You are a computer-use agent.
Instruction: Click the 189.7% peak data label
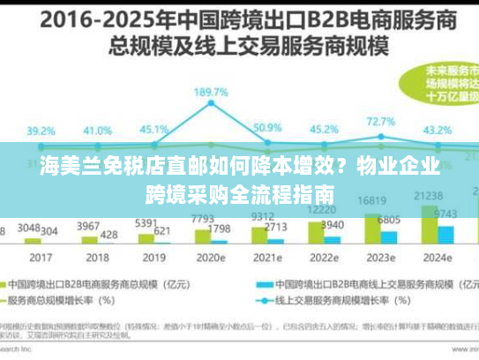211,92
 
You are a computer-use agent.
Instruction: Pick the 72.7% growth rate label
381,123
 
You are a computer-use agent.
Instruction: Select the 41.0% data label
98,131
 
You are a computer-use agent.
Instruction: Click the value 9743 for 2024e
445,214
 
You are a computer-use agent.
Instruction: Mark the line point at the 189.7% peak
212,106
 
